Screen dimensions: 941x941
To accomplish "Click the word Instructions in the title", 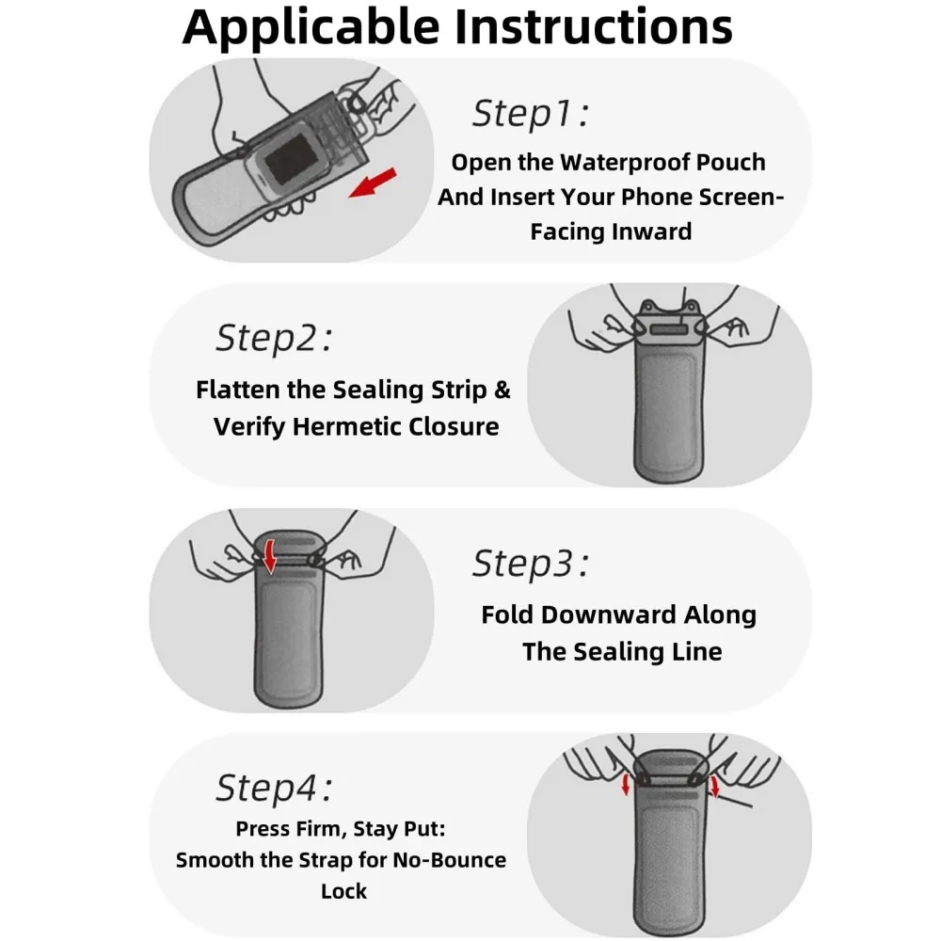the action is click(594, 26).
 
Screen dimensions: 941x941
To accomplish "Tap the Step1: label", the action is click(531, 114).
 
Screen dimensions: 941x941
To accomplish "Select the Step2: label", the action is click(274, 339).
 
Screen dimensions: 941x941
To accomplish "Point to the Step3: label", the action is click(531, 564).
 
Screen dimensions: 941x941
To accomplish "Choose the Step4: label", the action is click(274, 788).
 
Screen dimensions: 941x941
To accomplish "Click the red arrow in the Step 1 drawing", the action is click(373, 183).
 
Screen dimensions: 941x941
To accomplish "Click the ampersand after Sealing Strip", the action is click(502, 391).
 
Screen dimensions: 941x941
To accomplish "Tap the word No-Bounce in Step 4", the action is click(449, 860).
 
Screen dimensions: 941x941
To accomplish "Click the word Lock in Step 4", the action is click(343, 891).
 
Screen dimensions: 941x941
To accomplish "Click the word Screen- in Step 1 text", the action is click(742, 198).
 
